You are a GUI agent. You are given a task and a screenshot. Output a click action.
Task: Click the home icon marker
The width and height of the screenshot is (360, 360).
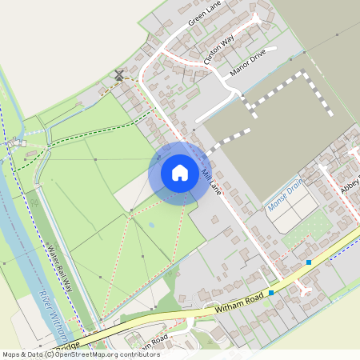click(x=180, y=172)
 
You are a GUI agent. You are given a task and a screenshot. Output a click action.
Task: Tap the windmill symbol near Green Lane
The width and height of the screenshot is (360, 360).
click(x=119, y=75)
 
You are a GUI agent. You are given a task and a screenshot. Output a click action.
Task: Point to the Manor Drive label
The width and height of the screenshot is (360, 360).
click(x=247, y=64)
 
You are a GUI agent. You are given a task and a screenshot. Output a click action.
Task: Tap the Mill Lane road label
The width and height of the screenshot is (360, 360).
click(x=211, y=182)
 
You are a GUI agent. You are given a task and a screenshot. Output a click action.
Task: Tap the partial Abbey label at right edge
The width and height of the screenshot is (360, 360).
click(x=350, y=185)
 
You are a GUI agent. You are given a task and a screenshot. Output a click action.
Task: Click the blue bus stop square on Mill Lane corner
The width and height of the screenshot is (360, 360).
click(x=308, y=262)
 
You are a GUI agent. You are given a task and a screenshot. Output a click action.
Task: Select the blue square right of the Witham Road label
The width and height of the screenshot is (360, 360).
click(x=271, y=294)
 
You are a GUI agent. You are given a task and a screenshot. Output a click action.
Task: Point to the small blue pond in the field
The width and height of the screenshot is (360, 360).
click(x=151, y=225)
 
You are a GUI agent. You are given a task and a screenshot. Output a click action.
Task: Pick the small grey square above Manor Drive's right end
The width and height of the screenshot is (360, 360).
click(x=304, y=53)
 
